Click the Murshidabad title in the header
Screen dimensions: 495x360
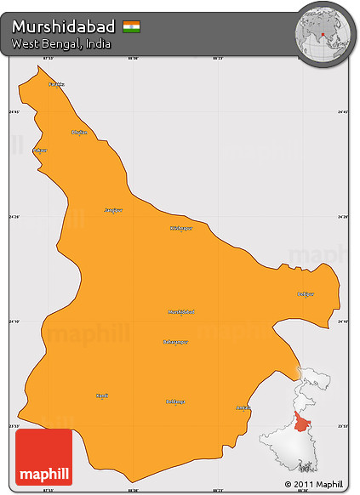coord(64,26)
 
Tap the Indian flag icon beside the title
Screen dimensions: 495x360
coord(131,26)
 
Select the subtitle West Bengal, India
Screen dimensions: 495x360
coord(56,43)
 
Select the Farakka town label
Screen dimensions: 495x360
coord(57,84)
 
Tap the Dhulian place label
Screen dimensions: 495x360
coord(79,132)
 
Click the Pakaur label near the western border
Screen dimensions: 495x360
coord(40,151)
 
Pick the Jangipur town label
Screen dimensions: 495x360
coord(113,209)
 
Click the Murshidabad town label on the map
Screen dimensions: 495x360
coord(181,311)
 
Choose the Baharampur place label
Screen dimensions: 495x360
coord(175,341)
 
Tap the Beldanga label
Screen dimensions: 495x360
coord(175,401)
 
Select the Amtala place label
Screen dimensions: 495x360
coord(243,408)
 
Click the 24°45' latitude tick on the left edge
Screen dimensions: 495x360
coord(14,111)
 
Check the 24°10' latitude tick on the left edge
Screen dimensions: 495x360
coord(14,321)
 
